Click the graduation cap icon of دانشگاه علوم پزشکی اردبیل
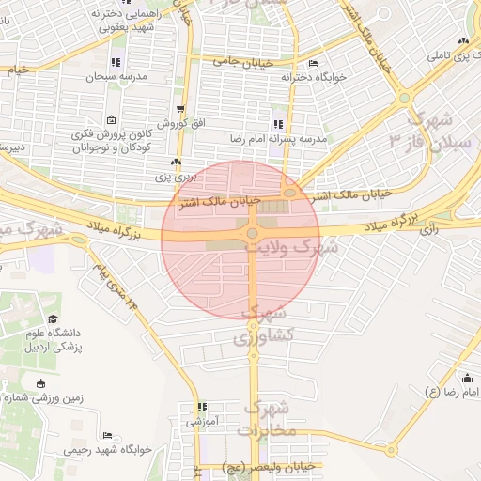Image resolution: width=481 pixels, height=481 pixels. [x=51, y=319]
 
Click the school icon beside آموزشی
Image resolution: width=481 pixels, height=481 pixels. [x=201, y=408]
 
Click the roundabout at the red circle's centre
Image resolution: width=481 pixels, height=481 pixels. [x=252, y=234]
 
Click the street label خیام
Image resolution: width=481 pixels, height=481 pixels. [x=17, y=70]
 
